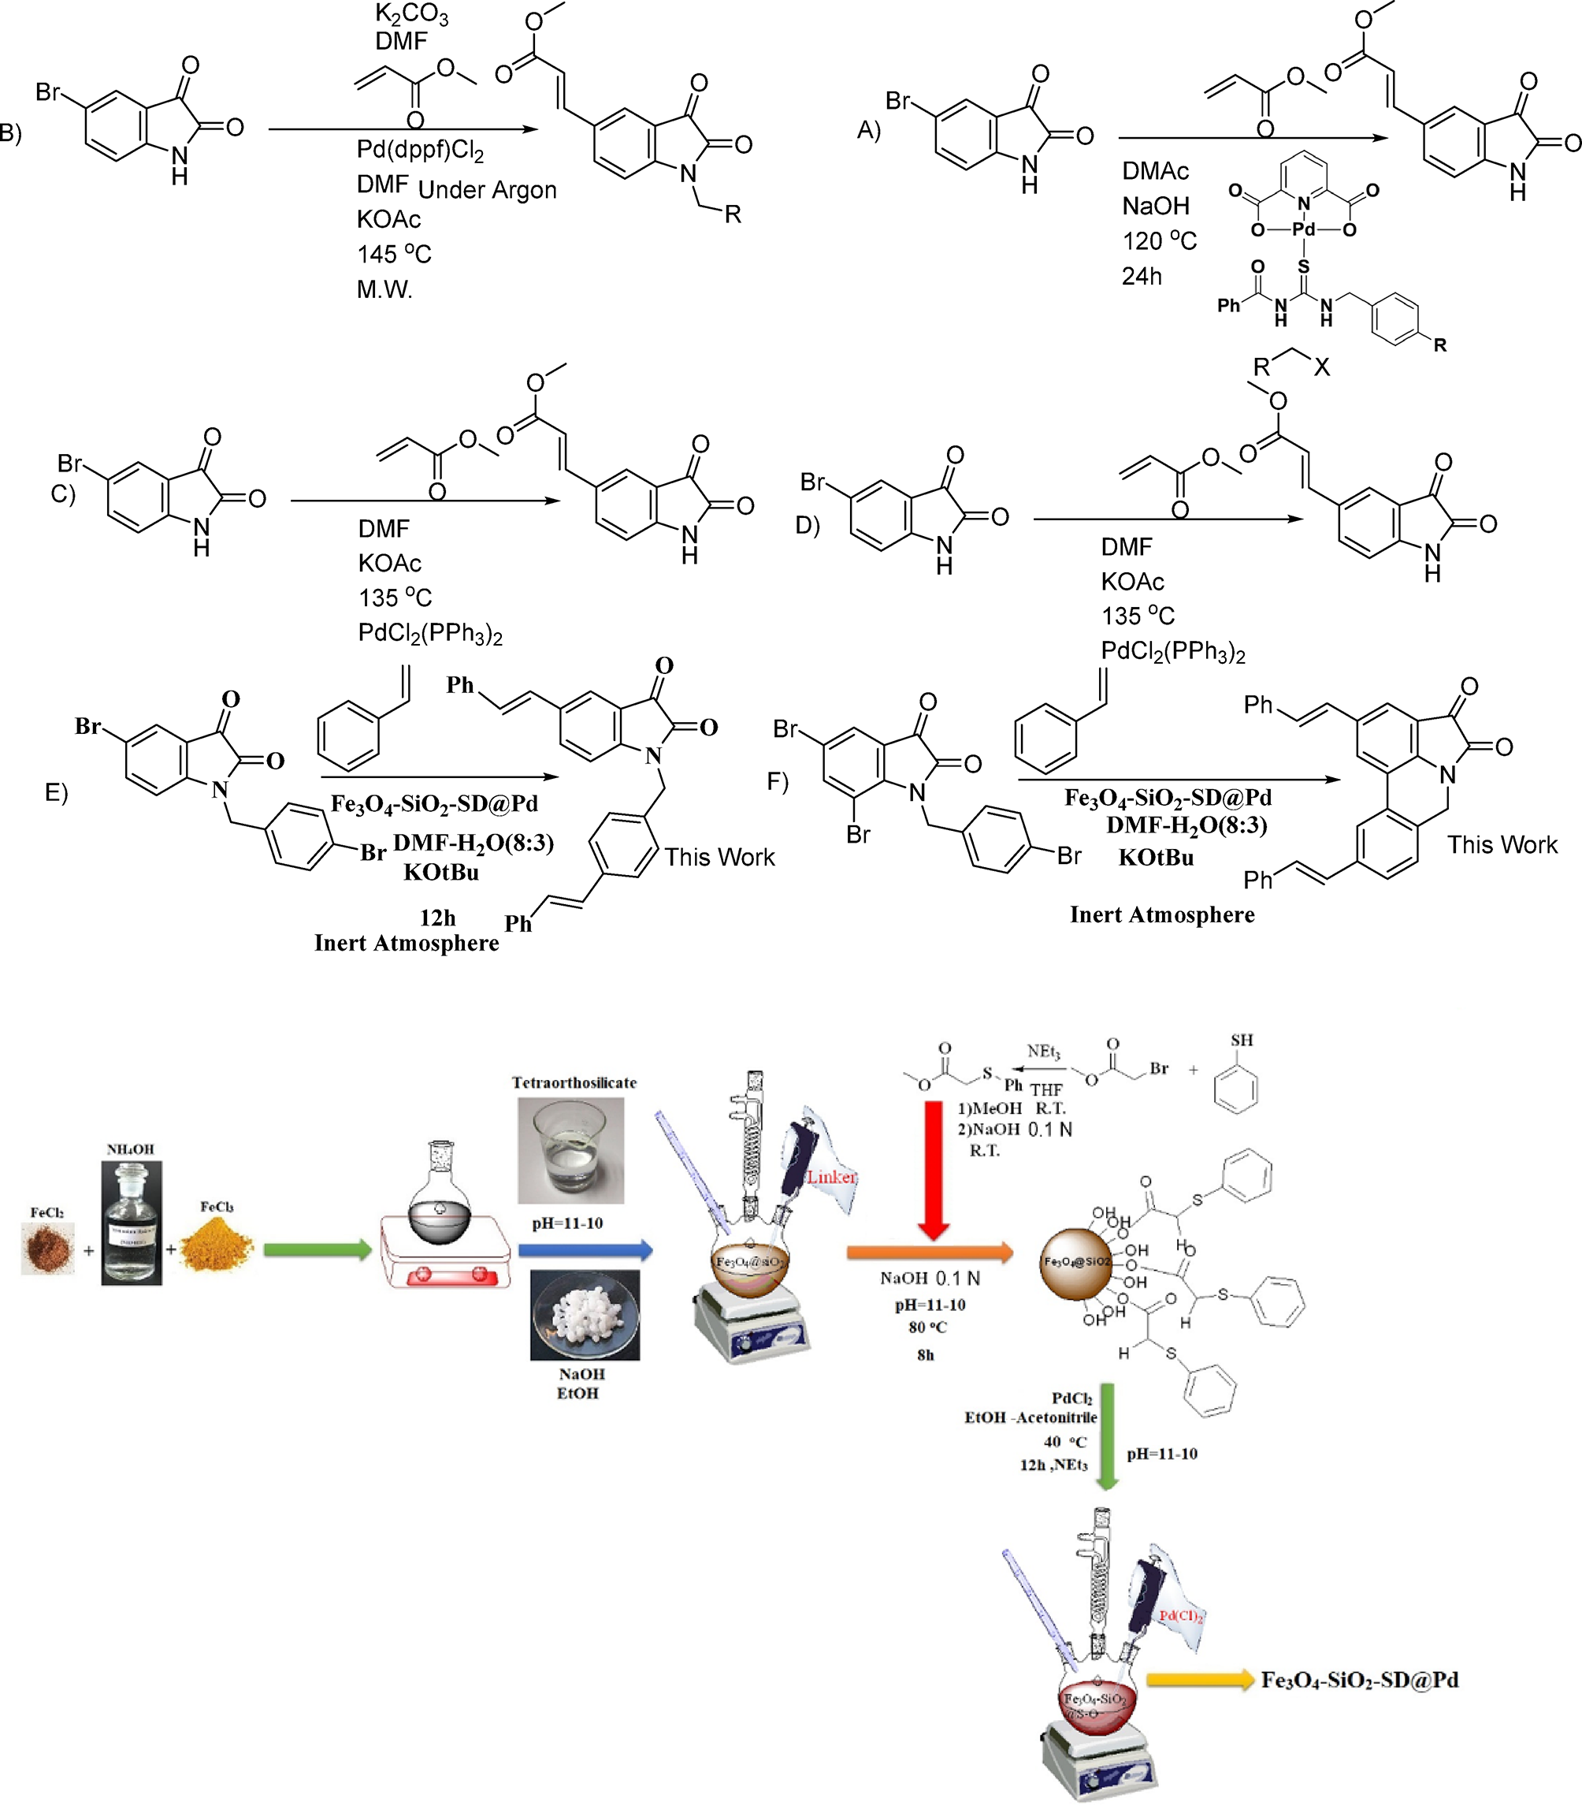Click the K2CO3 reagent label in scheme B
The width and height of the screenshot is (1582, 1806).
[x=411, y=14]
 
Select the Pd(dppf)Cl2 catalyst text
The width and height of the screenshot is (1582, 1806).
[x=420, y=150]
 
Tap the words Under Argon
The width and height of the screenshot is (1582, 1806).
[x=488, y=190]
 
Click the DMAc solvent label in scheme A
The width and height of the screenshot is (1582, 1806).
[x=1155, y=171]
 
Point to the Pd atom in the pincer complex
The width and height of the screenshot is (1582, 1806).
[x=1303, y=229]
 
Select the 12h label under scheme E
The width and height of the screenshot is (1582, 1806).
[x=438, y=918]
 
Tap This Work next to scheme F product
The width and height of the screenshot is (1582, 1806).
[x=1502, y=845]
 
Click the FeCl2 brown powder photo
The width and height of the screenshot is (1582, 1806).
[x=48, y=1248]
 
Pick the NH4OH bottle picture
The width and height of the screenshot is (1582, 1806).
[x=132, y=1223]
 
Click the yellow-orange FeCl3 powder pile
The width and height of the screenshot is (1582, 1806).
[x=217, y=1246]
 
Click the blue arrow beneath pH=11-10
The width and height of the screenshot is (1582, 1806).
[x=585, y=1249]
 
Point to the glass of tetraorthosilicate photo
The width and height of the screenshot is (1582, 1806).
[x=570, y=1151]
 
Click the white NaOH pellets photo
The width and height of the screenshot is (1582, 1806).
[x=585, y=1315]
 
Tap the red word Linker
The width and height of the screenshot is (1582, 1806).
[x=830, y=1177]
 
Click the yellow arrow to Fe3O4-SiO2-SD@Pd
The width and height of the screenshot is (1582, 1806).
[x=1200, y=1681]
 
